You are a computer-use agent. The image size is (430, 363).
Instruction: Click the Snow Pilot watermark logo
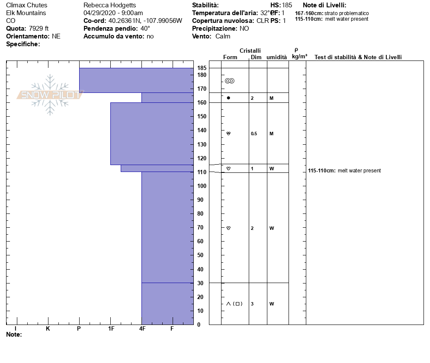tap(50, 95)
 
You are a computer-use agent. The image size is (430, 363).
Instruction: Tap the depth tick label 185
tap(202, 68)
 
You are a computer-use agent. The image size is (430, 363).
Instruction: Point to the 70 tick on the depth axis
tap(200, 227)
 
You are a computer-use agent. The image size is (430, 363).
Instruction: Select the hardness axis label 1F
tap(111, 329)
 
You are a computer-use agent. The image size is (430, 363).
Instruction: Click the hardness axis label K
tap(48, 329)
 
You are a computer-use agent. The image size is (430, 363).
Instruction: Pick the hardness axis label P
tap(79, 329)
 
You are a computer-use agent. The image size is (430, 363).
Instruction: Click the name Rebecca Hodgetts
tap(109, 5)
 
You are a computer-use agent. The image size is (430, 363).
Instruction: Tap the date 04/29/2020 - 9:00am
tap(113, 13)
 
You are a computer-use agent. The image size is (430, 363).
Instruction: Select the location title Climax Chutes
tap(27, 5)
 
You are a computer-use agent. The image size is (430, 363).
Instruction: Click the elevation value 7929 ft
tap(39, 29)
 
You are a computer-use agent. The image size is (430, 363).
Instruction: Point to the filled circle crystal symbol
tap(228, 98)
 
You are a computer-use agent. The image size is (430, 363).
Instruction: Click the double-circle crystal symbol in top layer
tap(229, 81)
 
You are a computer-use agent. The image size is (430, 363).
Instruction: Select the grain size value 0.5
tap(254, 134)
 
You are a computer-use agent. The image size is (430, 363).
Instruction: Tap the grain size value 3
tap(252, 304)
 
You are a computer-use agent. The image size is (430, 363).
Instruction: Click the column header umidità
tap(276, 57)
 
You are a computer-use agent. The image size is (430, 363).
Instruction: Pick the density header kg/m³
tap(299, 57)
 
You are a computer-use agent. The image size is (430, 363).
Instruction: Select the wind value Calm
tap(223, 36)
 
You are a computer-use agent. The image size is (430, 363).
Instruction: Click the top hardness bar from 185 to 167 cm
tap(136, 80)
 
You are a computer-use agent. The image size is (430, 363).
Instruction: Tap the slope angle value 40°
tap(145, 29)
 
